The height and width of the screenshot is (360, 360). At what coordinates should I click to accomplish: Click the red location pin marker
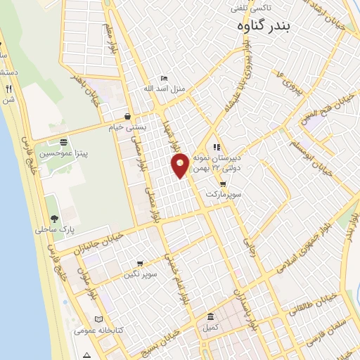tap(180, 165)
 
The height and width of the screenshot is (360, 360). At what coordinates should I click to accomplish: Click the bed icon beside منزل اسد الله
tap(164, 78)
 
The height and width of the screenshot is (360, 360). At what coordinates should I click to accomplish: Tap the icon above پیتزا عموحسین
tap(63, 141)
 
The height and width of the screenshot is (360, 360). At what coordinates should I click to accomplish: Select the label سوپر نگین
tap(141, 273)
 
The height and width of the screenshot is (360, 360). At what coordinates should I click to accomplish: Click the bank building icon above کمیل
tap(211, 317)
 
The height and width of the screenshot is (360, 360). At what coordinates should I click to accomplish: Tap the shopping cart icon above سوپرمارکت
tap(223, 184)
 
